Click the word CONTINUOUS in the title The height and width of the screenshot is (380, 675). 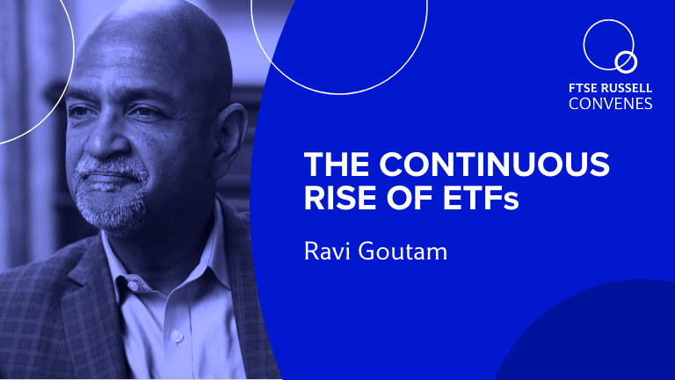tap(494, 164)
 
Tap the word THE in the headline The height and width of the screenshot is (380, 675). tap(337, 164)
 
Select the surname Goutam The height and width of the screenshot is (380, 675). tap(403, 252)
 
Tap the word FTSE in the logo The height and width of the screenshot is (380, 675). tap(583, 88)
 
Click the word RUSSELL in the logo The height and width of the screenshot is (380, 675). tap(627, 88)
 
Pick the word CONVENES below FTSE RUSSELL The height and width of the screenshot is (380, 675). tap(611, 104)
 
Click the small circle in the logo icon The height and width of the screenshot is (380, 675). tap(626, 63)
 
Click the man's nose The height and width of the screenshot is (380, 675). tap(101, 140)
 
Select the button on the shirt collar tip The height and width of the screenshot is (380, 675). tap(134, 286)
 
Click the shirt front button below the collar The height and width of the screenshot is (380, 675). tap(177, 337)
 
